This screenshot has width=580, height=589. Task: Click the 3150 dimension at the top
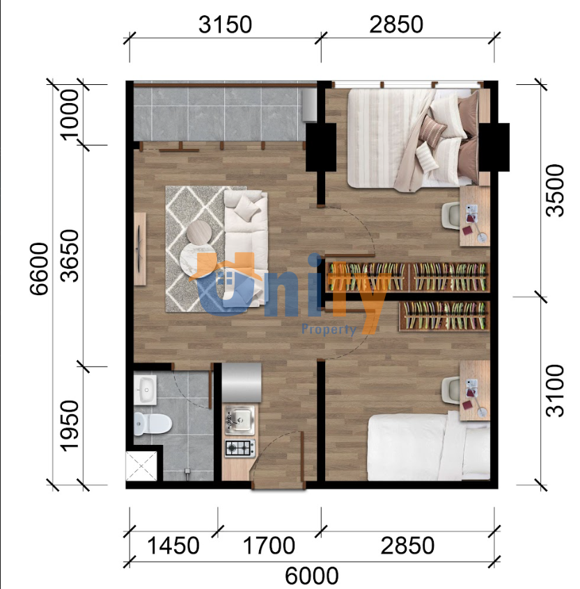pos(225,25)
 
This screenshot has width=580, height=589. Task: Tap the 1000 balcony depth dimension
pos(70,114)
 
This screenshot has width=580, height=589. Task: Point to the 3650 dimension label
pos(70,256)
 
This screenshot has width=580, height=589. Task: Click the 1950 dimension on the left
pos(70,425)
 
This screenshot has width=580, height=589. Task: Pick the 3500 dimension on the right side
pos(555,191)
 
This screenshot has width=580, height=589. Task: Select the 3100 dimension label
pos(555,390)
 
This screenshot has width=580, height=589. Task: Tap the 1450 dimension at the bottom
pos(173,545)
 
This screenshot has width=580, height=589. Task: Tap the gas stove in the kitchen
pos(240,448)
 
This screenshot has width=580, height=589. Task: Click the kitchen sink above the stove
pos(239,418)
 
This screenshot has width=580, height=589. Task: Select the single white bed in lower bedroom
pos(428,446)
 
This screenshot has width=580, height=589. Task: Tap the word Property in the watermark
pos(328,329)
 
